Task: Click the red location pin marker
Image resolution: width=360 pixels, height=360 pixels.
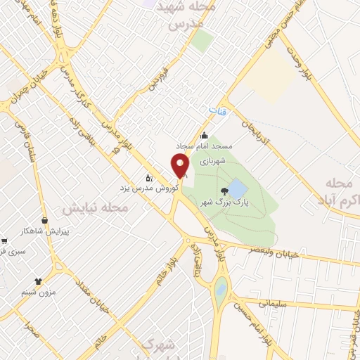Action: (180, 166)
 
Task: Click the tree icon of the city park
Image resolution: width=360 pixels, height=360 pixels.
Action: (224, 191)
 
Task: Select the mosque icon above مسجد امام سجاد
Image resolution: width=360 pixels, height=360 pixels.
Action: (205, 136)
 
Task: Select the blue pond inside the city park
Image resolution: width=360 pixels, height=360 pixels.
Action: (238, 189)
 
